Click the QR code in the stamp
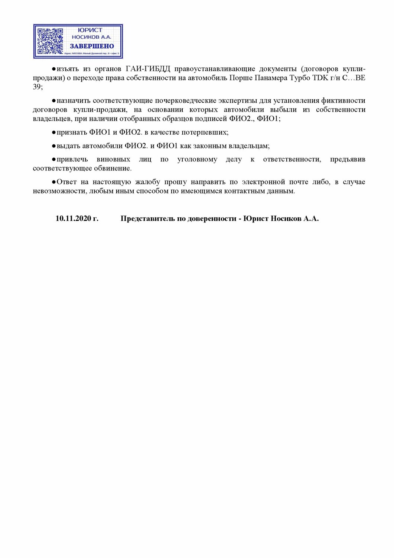[51, 41]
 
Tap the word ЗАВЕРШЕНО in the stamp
[92, 46]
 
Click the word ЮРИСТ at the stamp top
[90, 30]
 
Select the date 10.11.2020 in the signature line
[73, 219]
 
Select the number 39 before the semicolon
[37, 87]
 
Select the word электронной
[263, 182]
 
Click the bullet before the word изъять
[53, 69]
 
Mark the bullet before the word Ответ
[53, 182]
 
